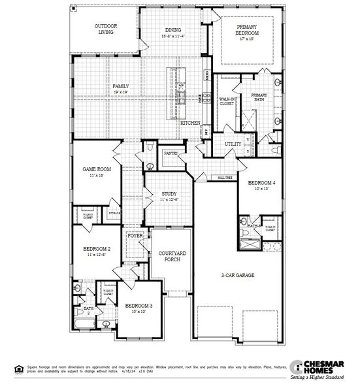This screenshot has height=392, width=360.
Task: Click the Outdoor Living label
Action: (x=105, y=28)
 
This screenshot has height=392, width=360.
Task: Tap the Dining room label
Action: (x=172, y=29)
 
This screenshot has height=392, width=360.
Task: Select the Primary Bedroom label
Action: (x=248, y=29)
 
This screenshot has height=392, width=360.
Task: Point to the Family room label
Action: (x=120, y=86)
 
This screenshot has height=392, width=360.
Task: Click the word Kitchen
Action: (x=189, y=123)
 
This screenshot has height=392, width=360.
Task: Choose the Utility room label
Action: (x=233, y=144)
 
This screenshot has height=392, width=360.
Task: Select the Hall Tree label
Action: (x=225, y=177)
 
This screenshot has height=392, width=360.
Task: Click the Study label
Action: (x=169, y=194)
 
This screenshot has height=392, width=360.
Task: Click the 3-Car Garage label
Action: (x=237, y=275)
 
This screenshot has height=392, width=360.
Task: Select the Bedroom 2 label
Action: (x=96, y=249)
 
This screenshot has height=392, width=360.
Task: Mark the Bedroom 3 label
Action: (x=139, y=306)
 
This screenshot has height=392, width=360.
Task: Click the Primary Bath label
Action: (x=259, y=97)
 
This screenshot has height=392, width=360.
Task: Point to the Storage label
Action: (x=114, y=213)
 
